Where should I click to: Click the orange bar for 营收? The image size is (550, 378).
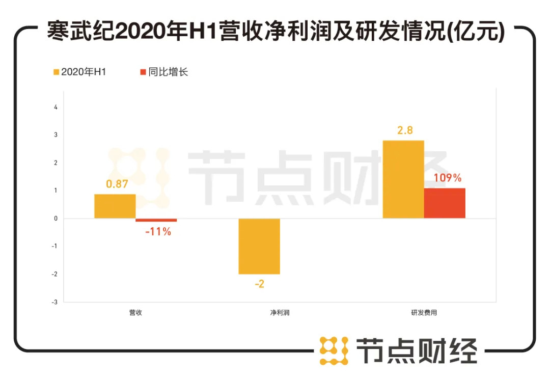pyautogui.click(x=115, y=206)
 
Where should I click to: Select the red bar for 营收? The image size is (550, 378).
pyautogui.click(x=156, y=220)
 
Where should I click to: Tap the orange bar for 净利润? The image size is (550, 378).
pyautogui.click(x=259, y=246)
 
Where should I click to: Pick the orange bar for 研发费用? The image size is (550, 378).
pyautogui.click(x=403, y=179)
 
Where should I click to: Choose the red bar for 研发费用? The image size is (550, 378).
pyautogui.click(x=445, y=203)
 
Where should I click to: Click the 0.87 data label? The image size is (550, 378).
pyautogui.click(x=117, y=184)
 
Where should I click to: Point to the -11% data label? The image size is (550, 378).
pyautogui.click(x=158, y=232)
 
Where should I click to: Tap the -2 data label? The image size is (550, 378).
pyautogui.click(x=260, y=284)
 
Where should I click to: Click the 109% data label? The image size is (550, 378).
pyautogui.click(x=448, y=178)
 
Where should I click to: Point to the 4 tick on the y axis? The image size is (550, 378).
pyautogui.click(x=56, y=107)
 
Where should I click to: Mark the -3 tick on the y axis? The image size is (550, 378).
pyautogui.click(x=55, y=302)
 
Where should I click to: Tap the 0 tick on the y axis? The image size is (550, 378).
pyautogui.click(x=56, y=219)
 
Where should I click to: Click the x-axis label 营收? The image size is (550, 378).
pyautogui.click(x=135, y=313)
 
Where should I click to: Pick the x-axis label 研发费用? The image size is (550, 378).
pyautogui.click(x=424, y=313)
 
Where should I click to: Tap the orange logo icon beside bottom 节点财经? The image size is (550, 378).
pyautogui.click(x=334, y=350)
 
